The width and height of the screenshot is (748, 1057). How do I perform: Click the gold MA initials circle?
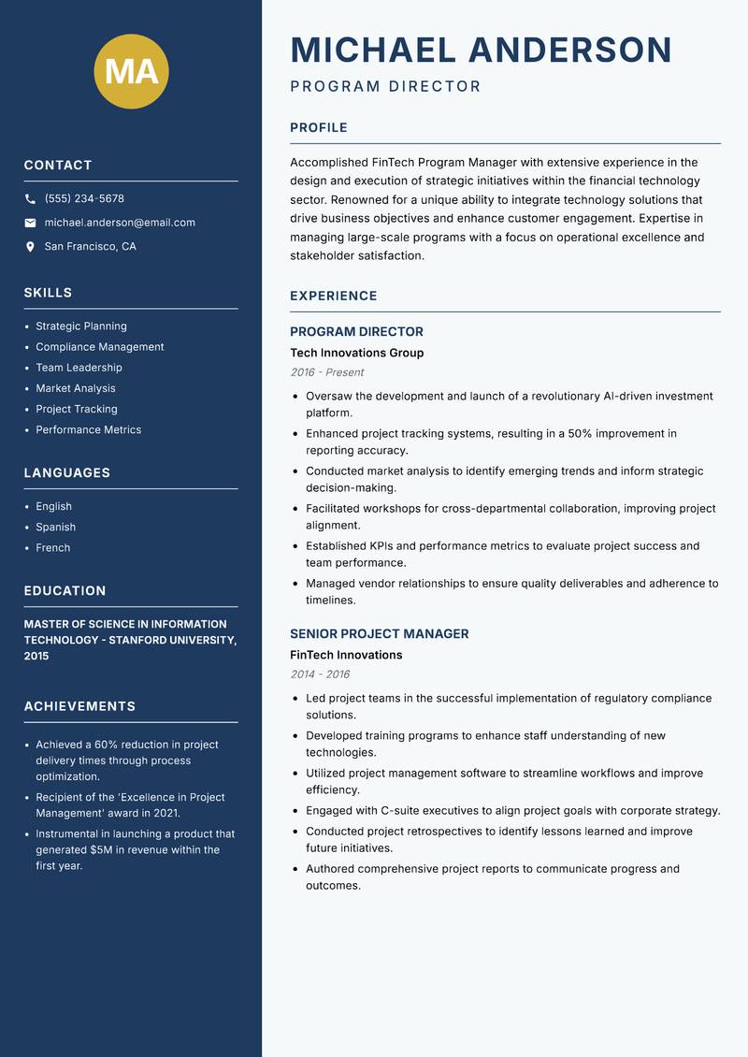pos(132,71)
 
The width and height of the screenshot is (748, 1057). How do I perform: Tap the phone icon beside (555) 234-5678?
pos(30,199)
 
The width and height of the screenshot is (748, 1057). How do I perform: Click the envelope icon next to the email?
pos(30,223)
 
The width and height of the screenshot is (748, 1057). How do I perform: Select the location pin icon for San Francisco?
pos(30,247)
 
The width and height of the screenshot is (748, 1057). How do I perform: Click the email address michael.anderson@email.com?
pos(120,223)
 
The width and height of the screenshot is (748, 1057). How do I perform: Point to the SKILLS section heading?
pos(48,293)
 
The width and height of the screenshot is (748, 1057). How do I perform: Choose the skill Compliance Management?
pos(99,347)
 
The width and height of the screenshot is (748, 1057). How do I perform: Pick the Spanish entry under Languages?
pos(55,528)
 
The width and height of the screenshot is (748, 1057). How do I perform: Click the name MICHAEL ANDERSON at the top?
pos(481,50)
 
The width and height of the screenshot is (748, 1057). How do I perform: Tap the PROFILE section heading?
pos(318,128)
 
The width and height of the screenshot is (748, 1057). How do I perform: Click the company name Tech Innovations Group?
pos(356,353)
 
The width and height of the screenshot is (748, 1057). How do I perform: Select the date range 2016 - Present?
pos(326,372)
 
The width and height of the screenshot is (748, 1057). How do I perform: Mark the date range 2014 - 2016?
pos(320,674)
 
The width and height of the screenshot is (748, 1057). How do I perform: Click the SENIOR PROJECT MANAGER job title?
pos(379,634)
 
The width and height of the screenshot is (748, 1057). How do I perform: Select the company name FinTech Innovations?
pos(345,655)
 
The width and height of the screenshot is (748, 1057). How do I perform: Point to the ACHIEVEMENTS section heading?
pos(79,706)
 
